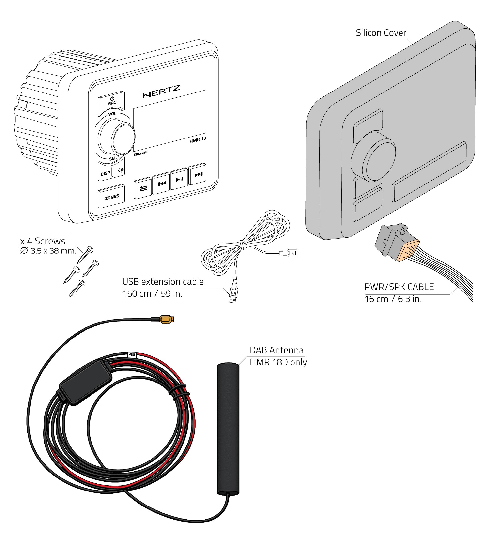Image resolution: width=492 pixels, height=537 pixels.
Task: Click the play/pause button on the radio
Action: point(180,179)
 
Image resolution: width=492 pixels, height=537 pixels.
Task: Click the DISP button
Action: point(106,173)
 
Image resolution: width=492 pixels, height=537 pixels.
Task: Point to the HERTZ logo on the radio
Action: point(161,91)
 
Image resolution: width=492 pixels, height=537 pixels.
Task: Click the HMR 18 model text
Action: point(198,140)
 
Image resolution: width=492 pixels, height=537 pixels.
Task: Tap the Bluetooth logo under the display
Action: point(141,154)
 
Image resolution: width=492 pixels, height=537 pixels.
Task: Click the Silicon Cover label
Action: point(381,33)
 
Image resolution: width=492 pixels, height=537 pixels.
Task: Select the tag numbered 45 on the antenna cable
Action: point(132,354)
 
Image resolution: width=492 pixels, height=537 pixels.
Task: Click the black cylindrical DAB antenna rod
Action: point(228,429)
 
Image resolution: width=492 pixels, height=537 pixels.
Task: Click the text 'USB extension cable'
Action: point(163,282)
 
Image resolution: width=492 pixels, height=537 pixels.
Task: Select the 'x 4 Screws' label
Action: point(43,241)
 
